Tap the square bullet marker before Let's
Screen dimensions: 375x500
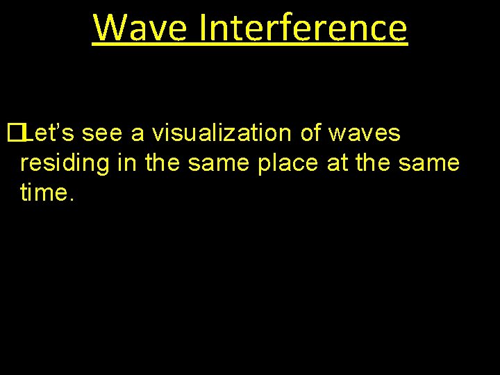(x=14, y=133)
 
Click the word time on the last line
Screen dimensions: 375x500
(x=43, y=193)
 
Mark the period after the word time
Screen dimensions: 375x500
(x=70, y=199)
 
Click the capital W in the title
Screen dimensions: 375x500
(x=108, y=28)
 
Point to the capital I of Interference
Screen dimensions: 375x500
(x=203, y=28)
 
